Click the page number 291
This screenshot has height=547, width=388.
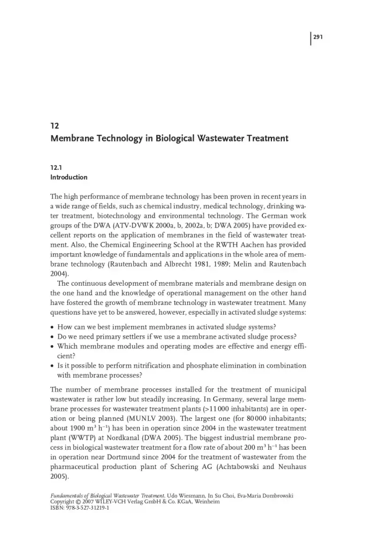(x=319, y=37)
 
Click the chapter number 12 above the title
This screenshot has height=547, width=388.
(x=54, y=127)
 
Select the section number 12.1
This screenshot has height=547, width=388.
(x=56, y=167)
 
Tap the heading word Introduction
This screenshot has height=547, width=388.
(x=69, y=177)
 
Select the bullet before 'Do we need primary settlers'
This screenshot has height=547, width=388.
(x=52, y=337)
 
